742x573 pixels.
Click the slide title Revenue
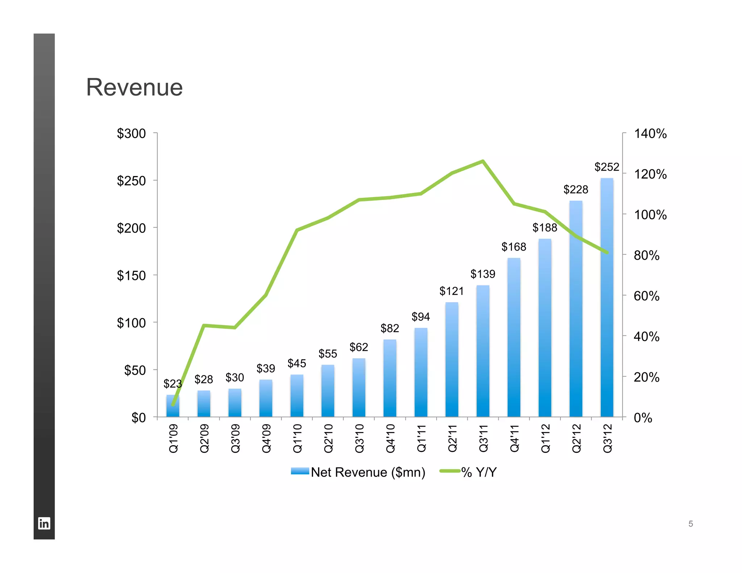pos(134,88)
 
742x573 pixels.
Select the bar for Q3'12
pos(607,326)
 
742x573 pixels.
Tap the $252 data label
pos(607,167)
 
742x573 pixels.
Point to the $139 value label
pos(483,274)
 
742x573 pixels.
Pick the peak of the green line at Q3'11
pos(483,161)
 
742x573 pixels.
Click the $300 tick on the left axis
pos(131,134)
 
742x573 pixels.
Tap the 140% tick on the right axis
pos(650,134)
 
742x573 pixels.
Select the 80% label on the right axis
pos(646,255)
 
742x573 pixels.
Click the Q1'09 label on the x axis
pos(174,439)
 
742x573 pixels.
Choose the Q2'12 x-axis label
pos(576,439)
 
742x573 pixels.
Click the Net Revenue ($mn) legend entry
pos(367,472)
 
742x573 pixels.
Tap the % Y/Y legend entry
pos(478,472)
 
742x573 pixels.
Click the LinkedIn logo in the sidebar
pos(44,523)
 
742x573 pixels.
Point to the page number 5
pos(691,524)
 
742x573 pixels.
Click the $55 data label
pos(328,354)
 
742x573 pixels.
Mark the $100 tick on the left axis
pos(131,323)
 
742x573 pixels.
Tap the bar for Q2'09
pos(204,404)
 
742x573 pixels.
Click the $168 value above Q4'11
pos(514,247)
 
